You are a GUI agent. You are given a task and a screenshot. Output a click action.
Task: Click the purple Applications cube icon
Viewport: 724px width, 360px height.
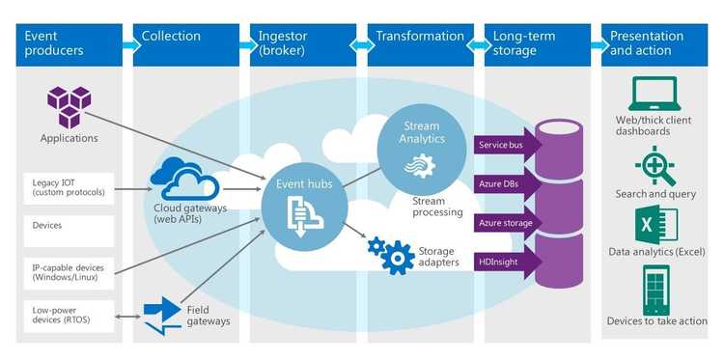tap(69, 106)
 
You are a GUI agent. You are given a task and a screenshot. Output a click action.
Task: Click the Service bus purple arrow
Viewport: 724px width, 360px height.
tap(508, 145)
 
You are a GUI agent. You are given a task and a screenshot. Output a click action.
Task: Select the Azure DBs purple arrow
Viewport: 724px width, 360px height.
tap(508, 183)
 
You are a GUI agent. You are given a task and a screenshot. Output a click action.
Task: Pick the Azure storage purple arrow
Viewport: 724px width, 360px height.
tap(508, 223)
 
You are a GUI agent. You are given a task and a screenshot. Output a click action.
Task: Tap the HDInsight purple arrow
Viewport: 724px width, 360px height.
tap(508, 263)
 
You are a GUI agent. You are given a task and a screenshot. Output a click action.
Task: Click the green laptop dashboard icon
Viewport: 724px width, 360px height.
tap(655, 95)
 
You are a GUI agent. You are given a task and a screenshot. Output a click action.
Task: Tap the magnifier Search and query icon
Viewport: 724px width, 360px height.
tap(655, 164)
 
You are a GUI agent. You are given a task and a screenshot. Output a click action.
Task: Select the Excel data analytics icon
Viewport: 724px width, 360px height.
tap(655, 226)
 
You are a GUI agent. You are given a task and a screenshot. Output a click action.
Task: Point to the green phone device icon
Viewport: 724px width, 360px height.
tap(655, 288)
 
